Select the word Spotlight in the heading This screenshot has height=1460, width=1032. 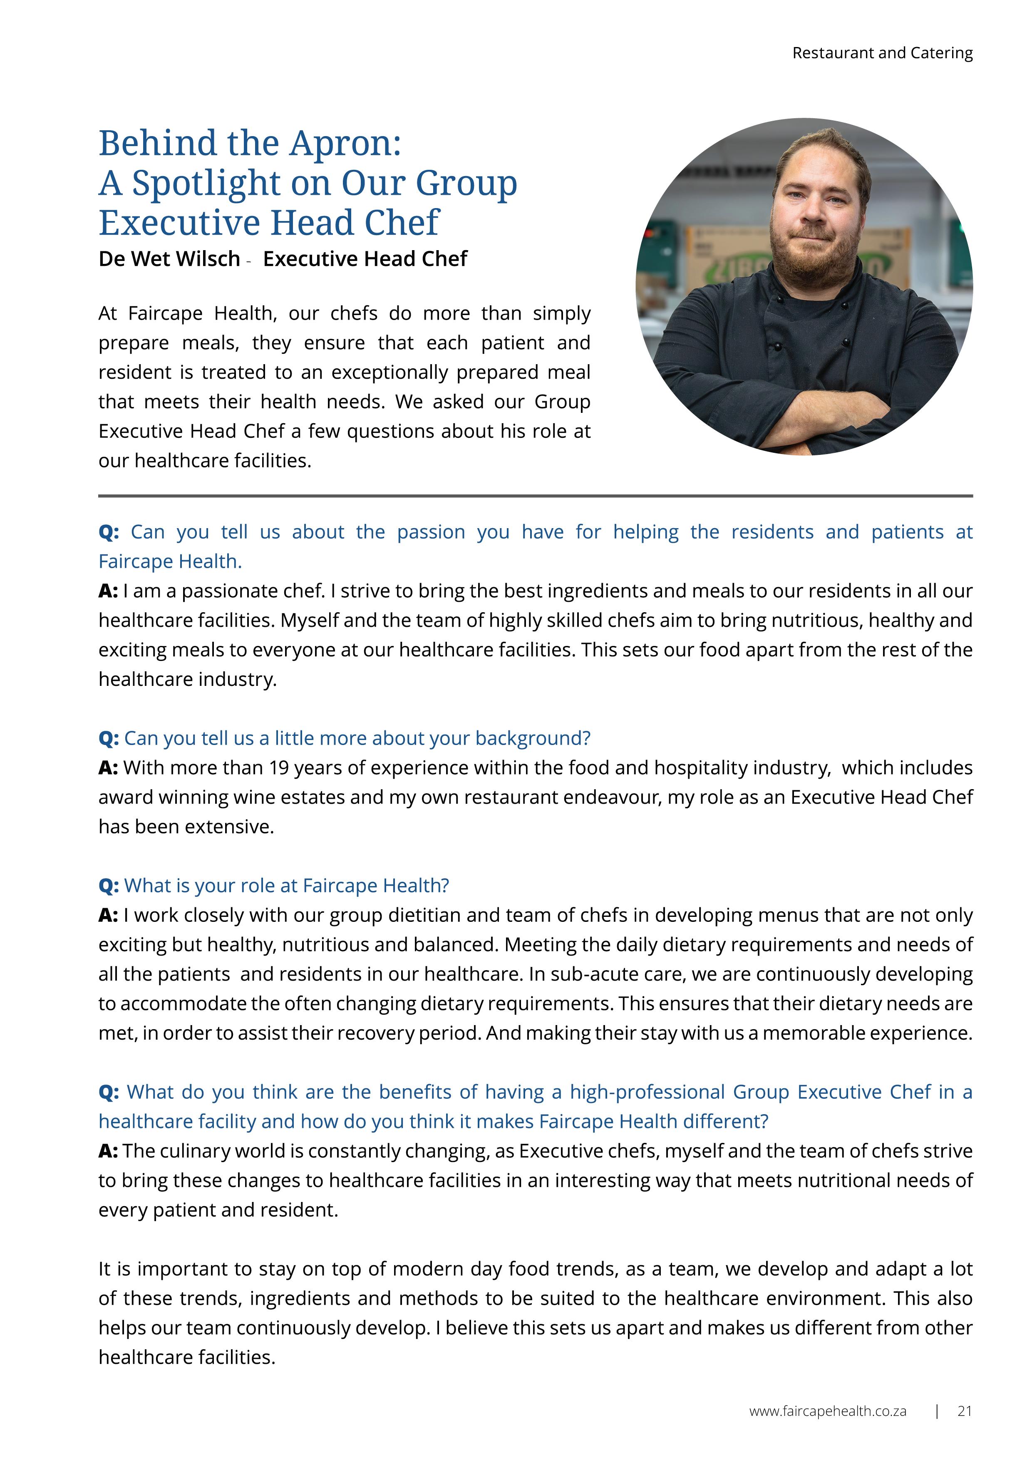pos(207,184)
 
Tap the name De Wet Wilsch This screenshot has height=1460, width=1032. pos(169,259)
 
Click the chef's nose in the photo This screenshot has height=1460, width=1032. pos(811,210)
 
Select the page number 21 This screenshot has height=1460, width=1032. pos(964,1411)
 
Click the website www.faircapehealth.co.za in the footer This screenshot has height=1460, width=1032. pos(827,1411)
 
